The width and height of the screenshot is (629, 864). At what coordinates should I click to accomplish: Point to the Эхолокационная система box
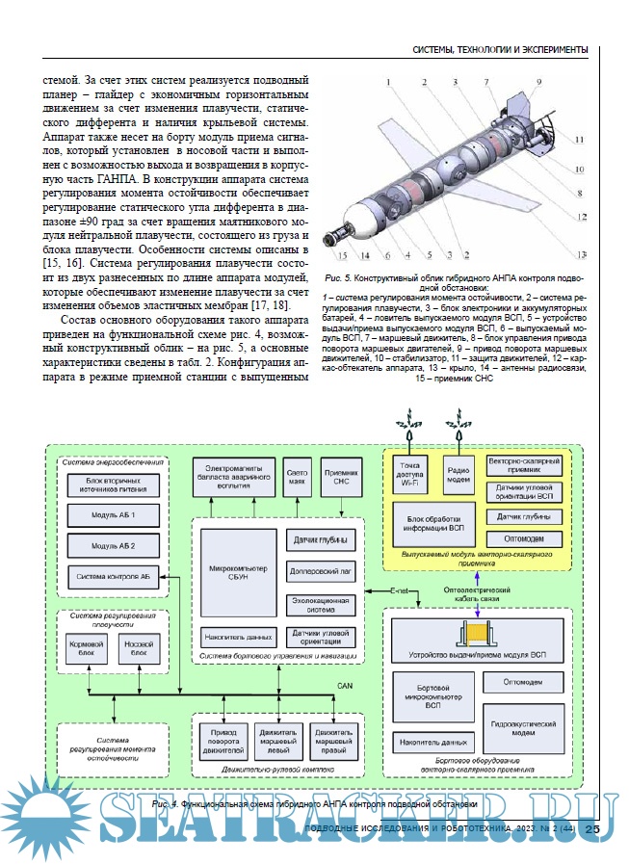[321, 604]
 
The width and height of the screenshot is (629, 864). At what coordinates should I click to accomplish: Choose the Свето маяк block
[297, 478]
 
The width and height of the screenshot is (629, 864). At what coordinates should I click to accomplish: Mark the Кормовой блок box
[86, 647]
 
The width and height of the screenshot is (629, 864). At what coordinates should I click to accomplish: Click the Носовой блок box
[139, 647]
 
